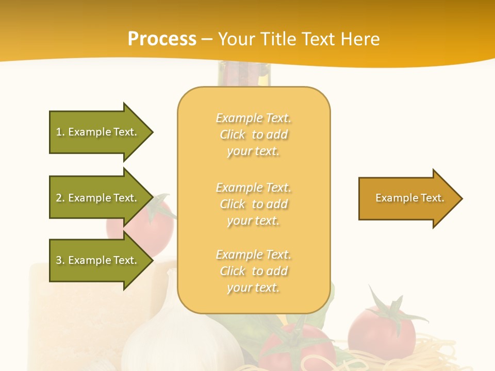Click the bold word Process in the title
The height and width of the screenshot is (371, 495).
(162, 39)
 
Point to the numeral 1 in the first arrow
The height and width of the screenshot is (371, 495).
(59, 132)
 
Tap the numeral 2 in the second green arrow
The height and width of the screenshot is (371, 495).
(59, 198)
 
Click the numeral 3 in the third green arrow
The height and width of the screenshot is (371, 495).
(59, 260)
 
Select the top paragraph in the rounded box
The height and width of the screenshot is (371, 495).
(254, 134)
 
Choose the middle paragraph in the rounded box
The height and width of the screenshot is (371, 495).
(254, 204)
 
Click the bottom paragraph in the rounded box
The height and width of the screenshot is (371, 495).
(254, 271)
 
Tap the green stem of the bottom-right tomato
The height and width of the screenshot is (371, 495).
(389, 309)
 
